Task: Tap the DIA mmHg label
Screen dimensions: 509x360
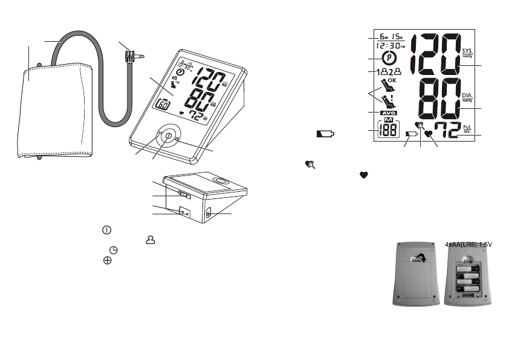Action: point(467,97)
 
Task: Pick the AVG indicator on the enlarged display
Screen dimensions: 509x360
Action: point(388,113)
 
